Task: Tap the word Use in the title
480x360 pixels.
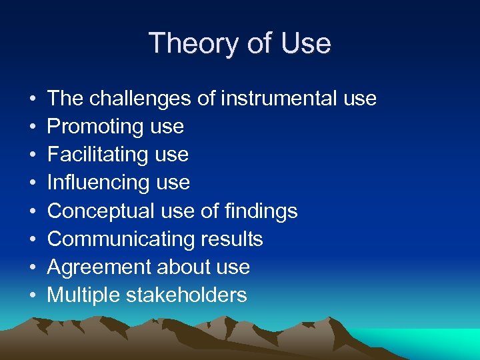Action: click(306, 44)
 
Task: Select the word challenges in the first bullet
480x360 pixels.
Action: click(141, 99)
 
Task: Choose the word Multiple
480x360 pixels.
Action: click(83, 295)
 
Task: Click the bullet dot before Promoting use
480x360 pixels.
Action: click(33, 127)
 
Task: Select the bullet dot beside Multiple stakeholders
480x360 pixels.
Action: click(33, 296)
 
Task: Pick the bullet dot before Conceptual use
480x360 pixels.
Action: click(33, 212)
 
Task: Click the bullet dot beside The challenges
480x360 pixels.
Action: click(33, 99)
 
